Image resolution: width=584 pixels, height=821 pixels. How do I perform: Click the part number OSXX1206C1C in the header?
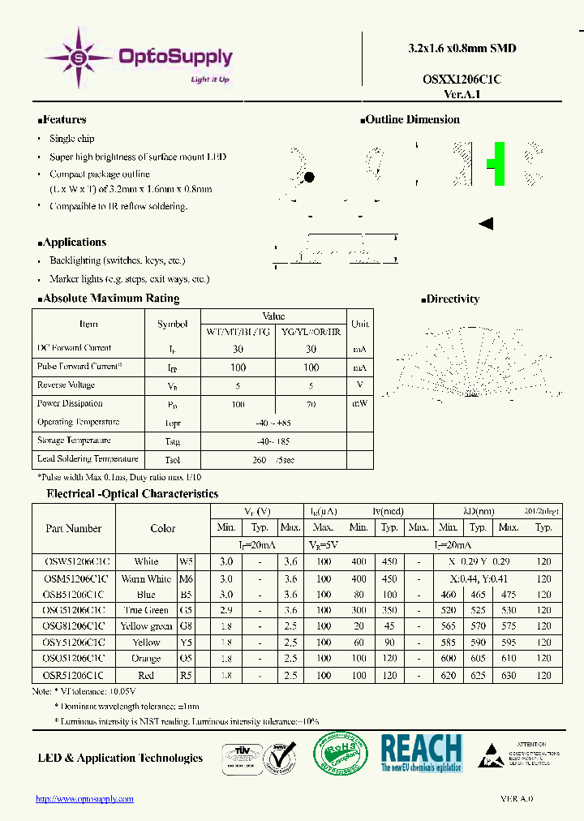[x=462, y=79]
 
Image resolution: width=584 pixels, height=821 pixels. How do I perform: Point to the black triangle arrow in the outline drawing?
[x=487, y=224]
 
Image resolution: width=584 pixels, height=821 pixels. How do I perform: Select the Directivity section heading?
[x=452, y=299]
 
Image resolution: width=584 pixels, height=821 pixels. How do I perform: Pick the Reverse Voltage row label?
[x=66, y=385]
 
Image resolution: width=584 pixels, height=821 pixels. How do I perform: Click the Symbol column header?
[x=172, y=324]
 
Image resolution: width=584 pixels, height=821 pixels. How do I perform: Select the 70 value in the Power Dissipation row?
[x=311, y=403]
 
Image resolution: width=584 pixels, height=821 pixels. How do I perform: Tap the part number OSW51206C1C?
[x=73, y=561]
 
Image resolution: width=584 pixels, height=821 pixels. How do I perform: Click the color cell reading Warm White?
[x=146, y=578]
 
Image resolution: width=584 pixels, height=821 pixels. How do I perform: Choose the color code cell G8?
[x=187, y=626]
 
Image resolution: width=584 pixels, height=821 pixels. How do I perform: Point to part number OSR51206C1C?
[x=73, y=675]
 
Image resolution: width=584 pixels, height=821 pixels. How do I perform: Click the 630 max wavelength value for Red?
[x=509, y=675]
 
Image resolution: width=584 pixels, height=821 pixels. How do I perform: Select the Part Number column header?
[x=73, y=528]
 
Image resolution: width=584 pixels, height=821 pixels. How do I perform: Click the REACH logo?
[x=421, y=754]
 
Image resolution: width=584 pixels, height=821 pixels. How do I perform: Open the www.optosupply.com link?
[x=84, y=799]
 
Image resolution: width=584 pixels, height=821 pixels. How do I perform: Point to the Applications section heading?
[x=75, y=243]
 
